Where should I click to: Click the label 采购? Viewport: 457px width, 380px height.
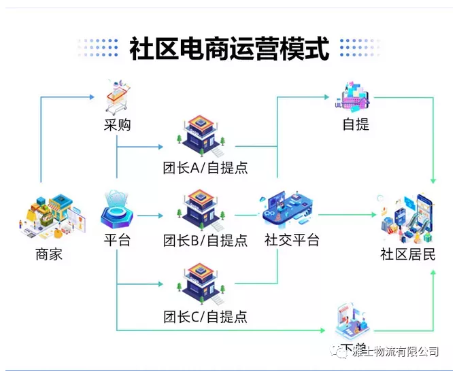117,125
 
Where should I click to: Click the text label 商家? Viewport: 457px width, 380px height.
49,256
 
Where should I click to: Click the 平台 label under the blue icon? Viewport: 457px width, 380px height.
117,240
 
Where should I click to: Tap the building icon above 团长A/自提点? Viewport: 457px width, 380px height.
203,133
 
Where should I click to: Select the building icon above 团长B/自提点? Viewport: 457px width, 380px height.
203,207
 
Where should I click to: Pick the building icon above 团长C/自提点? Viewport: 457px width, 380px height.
203,283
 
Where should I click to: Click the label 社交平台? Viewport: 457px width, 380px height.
291,240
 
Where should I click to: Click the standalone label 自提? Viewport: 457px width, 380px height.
356,125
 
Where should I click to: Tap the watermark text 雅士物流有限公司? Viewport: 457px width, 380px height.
397,351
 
